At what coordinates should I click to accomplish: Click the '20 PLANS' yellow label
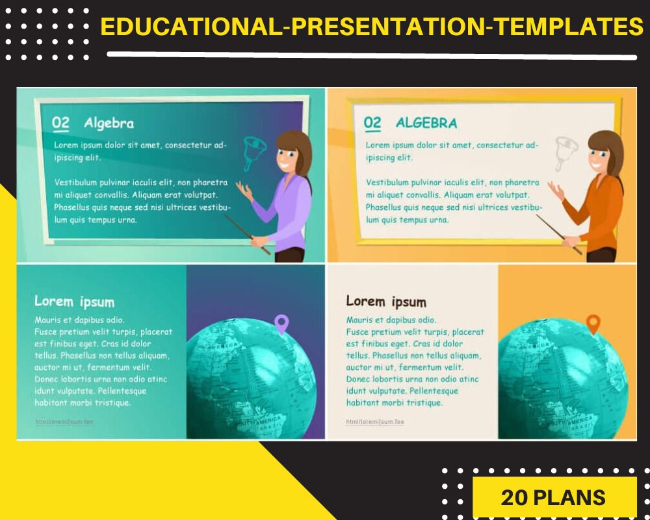[x=553, y=497]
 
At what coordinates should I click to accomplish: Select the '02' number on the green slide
[x=61, y=123]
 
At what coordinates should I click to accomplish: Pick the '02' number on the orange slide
[x=372, y=123]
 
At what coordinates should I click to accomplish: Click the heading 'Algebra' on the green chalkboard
[x=109, y=123]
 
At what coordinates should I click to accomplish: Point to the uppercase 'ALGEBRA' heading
[x=426, y=123]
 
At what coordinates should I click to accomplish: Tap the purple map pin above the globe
[x=281, y=323]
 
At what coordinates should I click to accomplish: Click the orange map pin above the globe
[x=593, y=323]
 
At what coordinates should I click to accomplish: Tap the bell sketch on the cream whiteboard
[x=563, y=153]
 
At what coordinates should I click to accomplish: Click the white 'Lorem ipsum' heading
[x=74, y=302]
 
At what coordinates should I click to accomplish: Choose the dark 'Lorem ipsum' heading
[x=386, y=302]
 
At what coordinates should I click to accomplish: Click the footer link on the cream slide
[x=375, y=421]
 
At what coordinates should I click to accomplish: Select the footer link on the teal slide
[x=64, y=421]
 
